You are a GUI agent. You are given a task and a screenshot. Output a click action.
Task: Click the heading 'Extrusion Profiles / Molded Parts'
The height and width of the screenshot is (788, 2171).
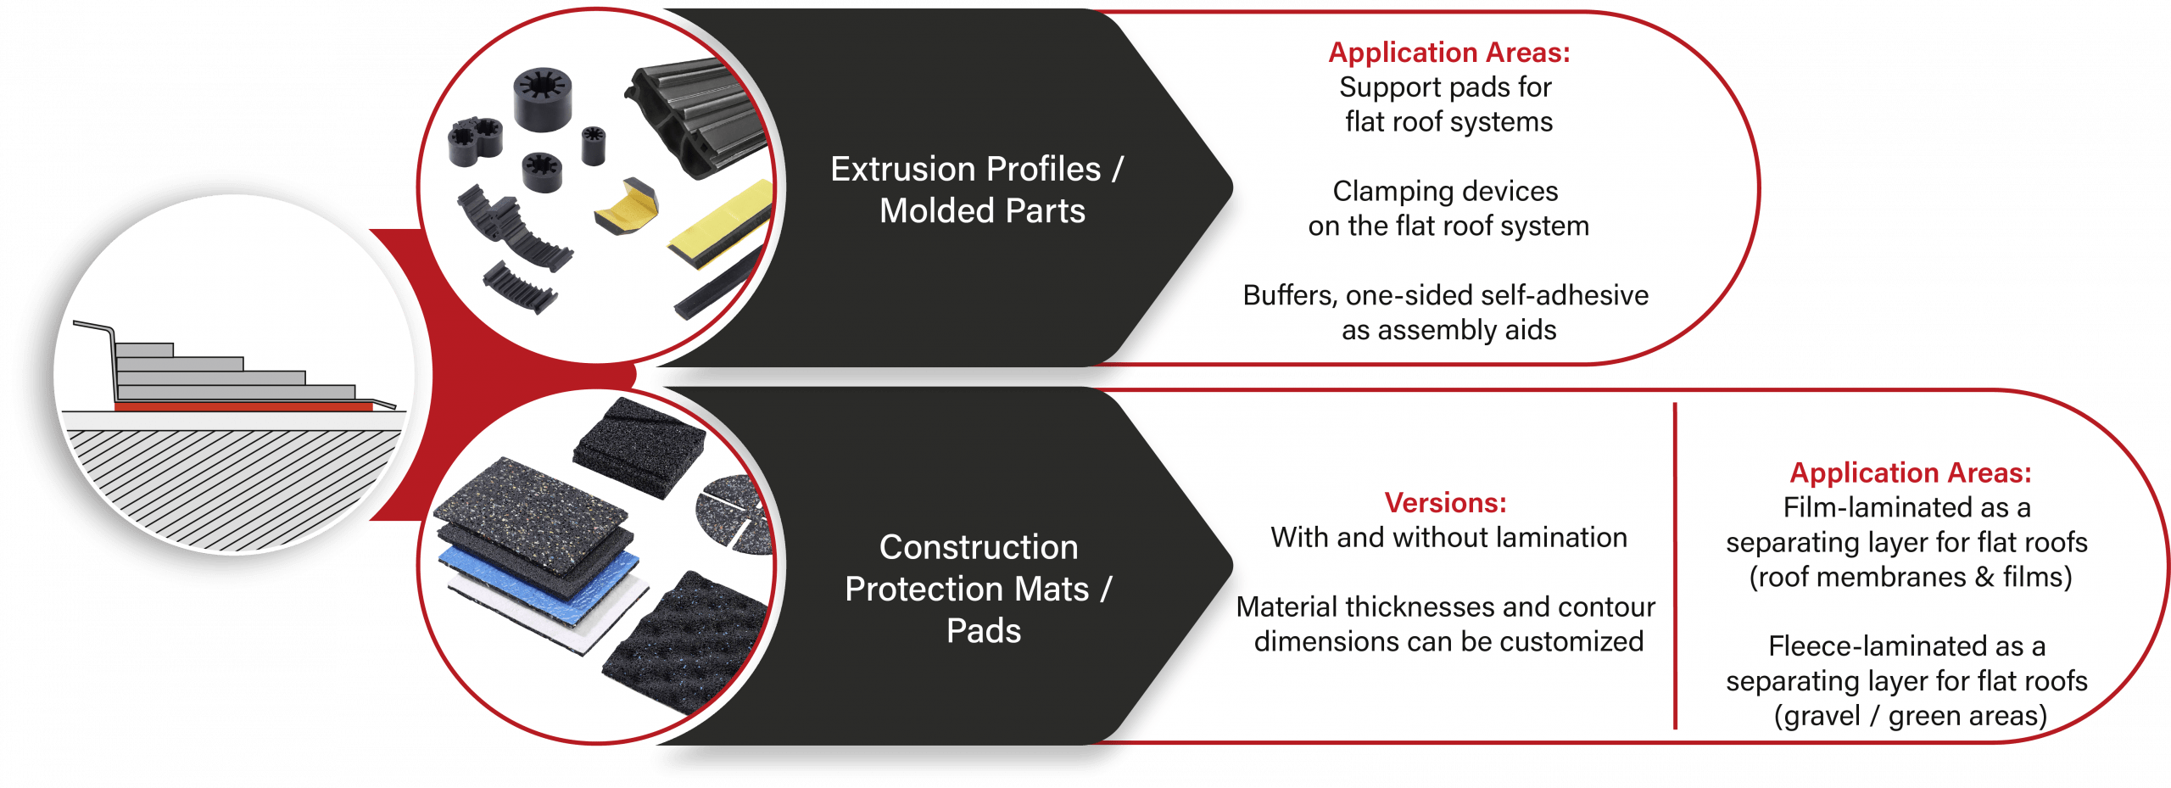click(x=978, y=189)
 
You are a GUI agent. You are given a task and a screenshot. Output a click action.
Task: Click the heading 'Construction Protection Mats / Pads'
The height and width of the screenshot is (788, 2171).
click(x=979, y=589)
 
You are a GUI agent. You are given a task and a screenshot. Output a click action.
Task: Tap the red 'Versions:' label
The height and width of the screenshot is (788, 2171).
click(x=1445, y=503)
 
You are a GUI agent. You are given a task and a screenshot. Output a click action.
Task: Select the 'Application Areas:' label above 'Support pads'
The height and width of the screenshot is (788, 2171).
click(x=1448, y=53)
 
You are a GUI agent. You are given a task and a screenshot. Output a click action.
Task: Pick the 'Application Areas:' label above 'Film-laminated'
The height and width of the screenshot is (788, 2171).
click(x=1911, y=472)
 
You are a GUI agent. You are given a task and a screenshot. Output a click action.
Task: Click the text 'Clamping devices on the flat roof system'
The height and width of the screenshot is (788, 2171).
click(x=1448, y=209)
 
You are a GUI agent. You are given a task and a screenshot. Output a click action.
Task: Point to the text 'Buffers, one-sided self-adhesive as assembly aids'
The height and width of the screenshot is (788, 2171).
click(x=1446, y=312)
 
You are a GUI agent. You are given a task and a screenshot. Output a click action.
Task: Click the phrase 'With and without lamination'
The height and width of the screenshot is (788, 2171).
click(x=1448, y=538)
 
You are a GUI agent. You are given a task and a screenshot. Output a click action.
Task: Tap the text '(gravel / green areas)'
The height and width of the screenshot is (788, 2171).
click(x=1911, y=716)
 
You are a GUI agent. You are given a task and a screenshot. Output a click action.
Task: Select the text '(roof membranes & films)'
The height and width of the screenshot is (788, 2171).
click(x=1911, y=578)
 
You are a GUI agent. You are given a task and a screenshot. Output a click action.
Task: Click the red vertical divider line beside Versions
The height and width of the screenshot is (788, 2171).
click(x=1676, y=566)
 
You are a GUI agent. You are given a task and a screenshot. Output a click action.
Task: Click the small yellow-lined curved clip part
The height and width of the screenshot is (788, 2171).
click(x=627, y=207)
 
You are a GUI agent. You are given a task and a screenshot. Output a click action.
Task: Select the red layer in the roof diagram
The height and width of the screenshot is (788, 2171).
click(x=243, y=407)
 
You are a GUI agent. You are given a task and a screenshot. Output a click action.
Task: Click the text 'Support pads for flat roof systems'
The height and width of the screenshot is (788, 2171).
click(x=1448, y=104)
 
